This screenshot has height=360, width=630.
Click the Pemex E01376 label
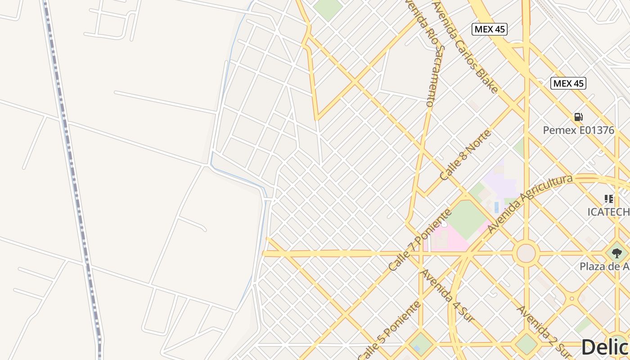point(578,130)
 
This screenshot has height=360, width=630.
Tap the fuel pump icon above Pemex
point(578,117)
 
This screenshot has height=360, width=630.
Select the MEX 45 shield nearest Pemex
point(568,83)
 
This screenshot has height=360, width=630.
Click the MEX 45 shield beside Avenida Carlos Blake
point(490,29)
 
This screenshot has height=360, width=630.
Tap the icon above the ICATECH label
point(609,199)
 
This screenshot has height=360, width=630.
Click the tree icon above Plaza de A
point(617,253)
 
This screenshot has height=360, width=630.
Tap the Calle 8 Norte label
point(465,155)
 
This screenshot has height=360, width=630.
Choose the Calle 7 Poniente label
point(419,240)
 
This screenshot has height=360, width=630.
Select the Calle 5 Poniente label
point(390,331)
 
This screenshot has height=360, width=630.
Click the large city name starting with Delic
point(605,347)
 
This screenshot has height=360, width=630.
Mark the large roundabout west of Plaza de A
point(526,253)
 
